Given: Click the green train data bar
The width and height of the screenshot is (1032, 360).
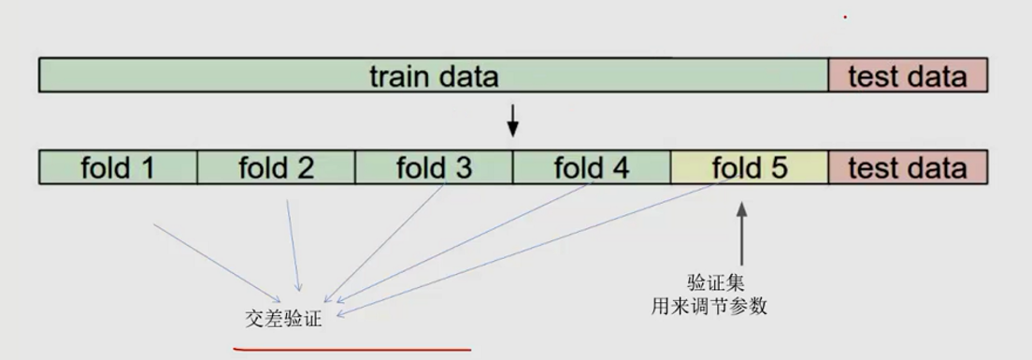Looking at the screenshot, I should [x=433, y=76].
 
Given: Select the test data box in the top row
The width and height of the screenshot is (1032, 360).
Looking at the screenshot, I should [x=907, y=76].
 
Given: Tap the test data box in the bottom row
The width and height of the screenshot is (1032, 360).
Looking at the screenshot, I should [x=907, y=167].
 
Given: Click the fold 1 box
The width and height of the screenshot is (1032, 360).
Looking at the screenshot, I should [x=118, y=167].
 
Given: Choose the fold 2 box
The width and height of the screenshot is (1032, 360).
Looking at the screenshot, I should [x=276, y=167].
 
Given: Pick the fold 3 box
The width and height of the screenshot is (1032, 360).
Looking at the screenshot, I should [x=434, y=167].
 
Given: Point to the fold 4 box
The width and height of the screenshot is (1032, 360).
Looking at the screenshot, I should [x=592, y=167].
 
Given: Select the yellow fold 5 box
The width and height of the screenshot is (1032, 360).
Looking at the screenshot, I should [x=750, y=167].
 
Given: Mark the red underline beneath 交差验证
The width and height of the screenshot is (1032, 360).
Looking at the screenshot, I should [x=351, y=350].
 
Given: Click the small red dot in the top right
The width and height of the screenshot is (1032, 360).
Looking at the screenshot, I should [x=845, y=16].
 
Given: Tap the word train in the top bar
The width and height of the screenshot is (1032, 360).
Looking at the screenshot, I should [x=400, y=76].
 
